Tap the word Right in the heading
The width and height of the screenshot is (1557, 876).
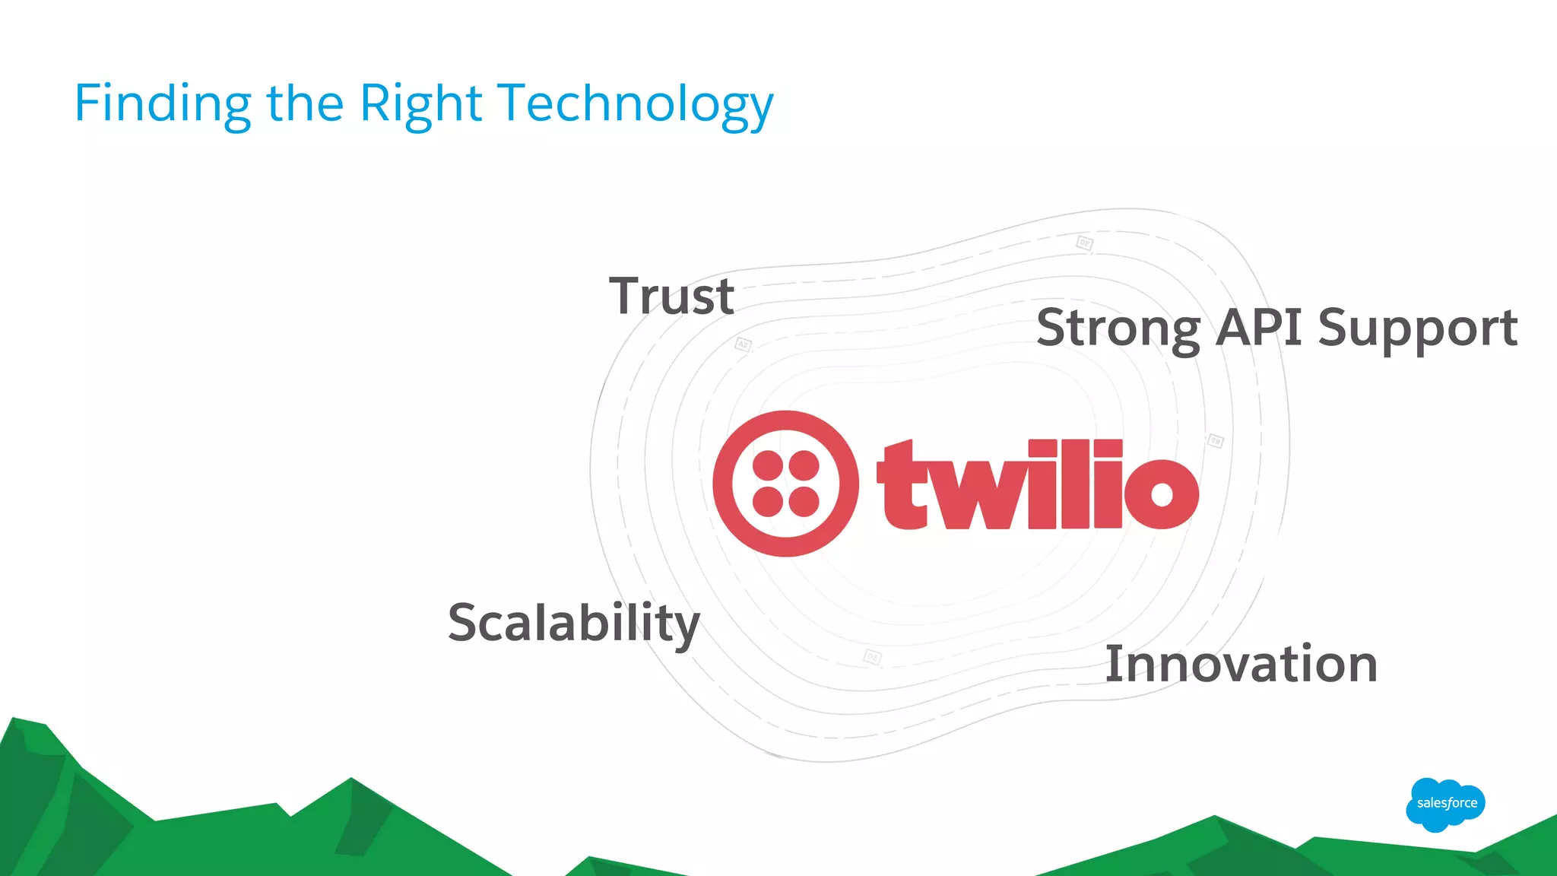click(420, 104)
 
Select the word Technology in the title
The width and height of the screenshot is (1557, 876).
click(635, 104)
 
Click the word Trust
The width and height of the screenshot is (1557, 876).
click(671, 296)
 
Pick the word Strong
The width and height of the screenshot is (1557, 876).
click(1118, 328)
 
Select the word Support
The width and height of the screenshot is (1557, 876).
click(1418, 328)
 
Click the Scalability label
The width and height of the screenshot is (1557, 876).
click(574, 623)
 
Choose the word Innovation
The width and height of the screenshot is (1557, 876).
click(1241, 664)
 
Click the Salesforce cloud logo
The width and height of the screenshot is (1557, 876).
click(1445, 804)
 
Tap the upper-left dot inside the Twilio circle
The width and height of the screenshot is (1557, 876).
click(768, 465)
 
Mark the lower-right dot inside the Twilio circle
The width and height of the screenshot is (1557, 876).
click(804, 502)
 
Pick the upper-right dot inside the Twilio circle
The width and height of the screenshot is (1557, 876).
click(804, 465)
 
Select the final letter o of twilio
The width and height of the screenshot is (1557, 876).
click(1162, 493)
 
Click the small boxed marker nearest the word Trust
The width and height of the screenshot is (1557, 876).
click(743, 344)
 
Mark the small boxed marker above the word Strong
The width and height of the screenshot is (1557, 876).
click(1085, 243)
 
